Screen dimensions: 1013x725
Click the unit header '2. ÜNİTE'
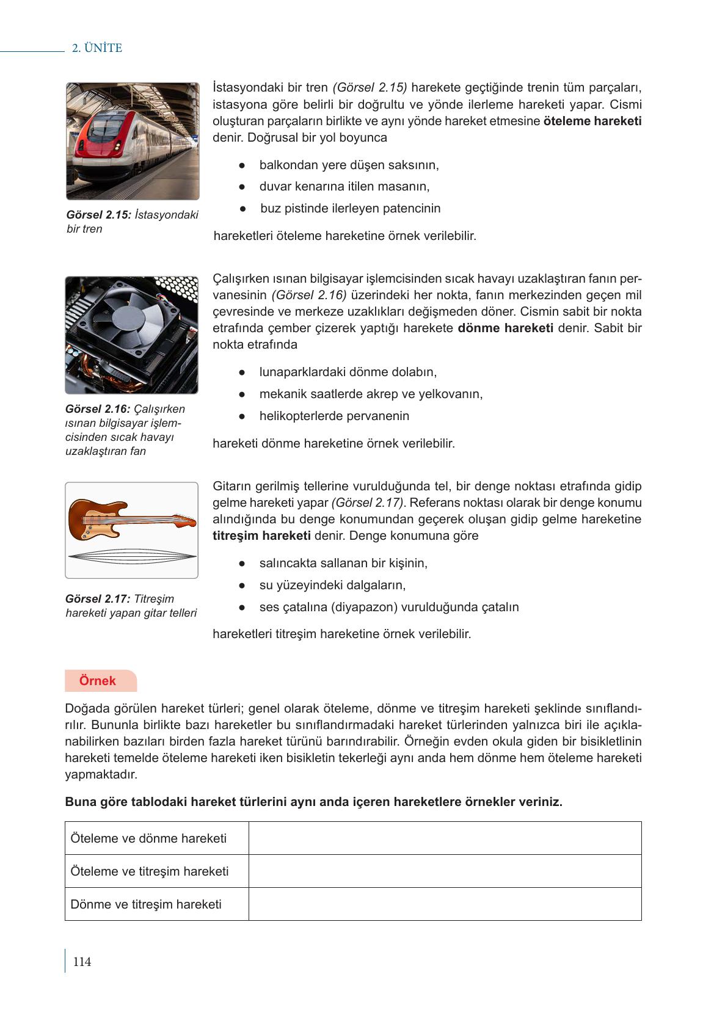[x=97, y=48]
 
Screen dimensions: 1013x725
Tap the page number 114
[x=81, y=962]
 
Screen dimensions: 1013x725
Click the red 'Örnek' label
[x=97, y=681]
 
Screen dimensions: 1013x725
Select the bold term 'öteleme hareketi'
[x=592, y=121]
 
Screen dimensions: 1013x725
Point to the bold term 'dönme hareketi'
[x=505, y=328]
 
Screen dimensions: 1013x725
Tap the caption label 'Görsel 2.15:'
[x=99, y=215]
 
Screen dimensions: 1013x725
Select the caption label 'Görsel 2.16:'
[x=98, y=409]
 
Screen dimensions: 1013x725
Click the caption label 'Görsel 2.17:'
[x=98, y=599]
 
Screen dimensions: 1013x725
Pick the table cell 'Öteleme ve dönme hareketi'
[x=148, y=838]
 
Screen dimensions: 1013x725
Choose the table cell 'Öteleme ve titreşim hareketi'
[x=150, y=871]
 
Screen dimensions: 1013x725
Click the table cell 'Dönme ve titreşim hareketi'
[x=146, y=904]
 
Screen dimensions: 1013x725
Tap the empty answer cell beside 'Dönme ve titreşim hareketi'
[x=445, y=904]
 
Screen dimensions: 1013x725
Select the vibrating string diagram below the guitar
[x=132, y=556]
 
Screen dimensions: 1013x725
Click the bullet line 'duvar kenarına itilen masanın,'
[x=344, y=187]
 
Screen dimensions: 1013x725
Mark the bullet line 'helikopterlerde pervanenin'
[x=334, y=416]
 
